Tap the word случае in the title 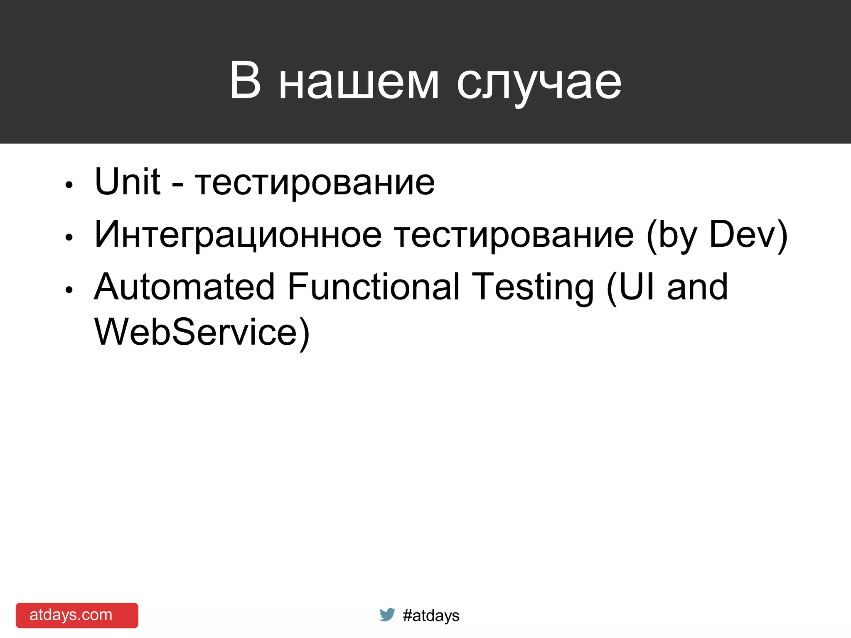[x=539, y=83]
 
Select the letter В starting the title [x=245, y=81]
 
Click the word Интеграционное [x=238, y=235]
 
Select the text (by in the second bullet [x=671, y=235]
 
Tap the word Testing [x=535, y=287]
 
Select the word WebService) [x=202, y=332]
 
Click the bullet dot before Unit [x=69, y=185]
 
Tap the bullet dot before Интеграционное [x=69, y=237]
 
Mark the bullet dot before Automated [x=69, y=290]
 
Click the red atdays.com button [x=77, y=615]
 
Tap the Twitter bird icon [x=387, y=614]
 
